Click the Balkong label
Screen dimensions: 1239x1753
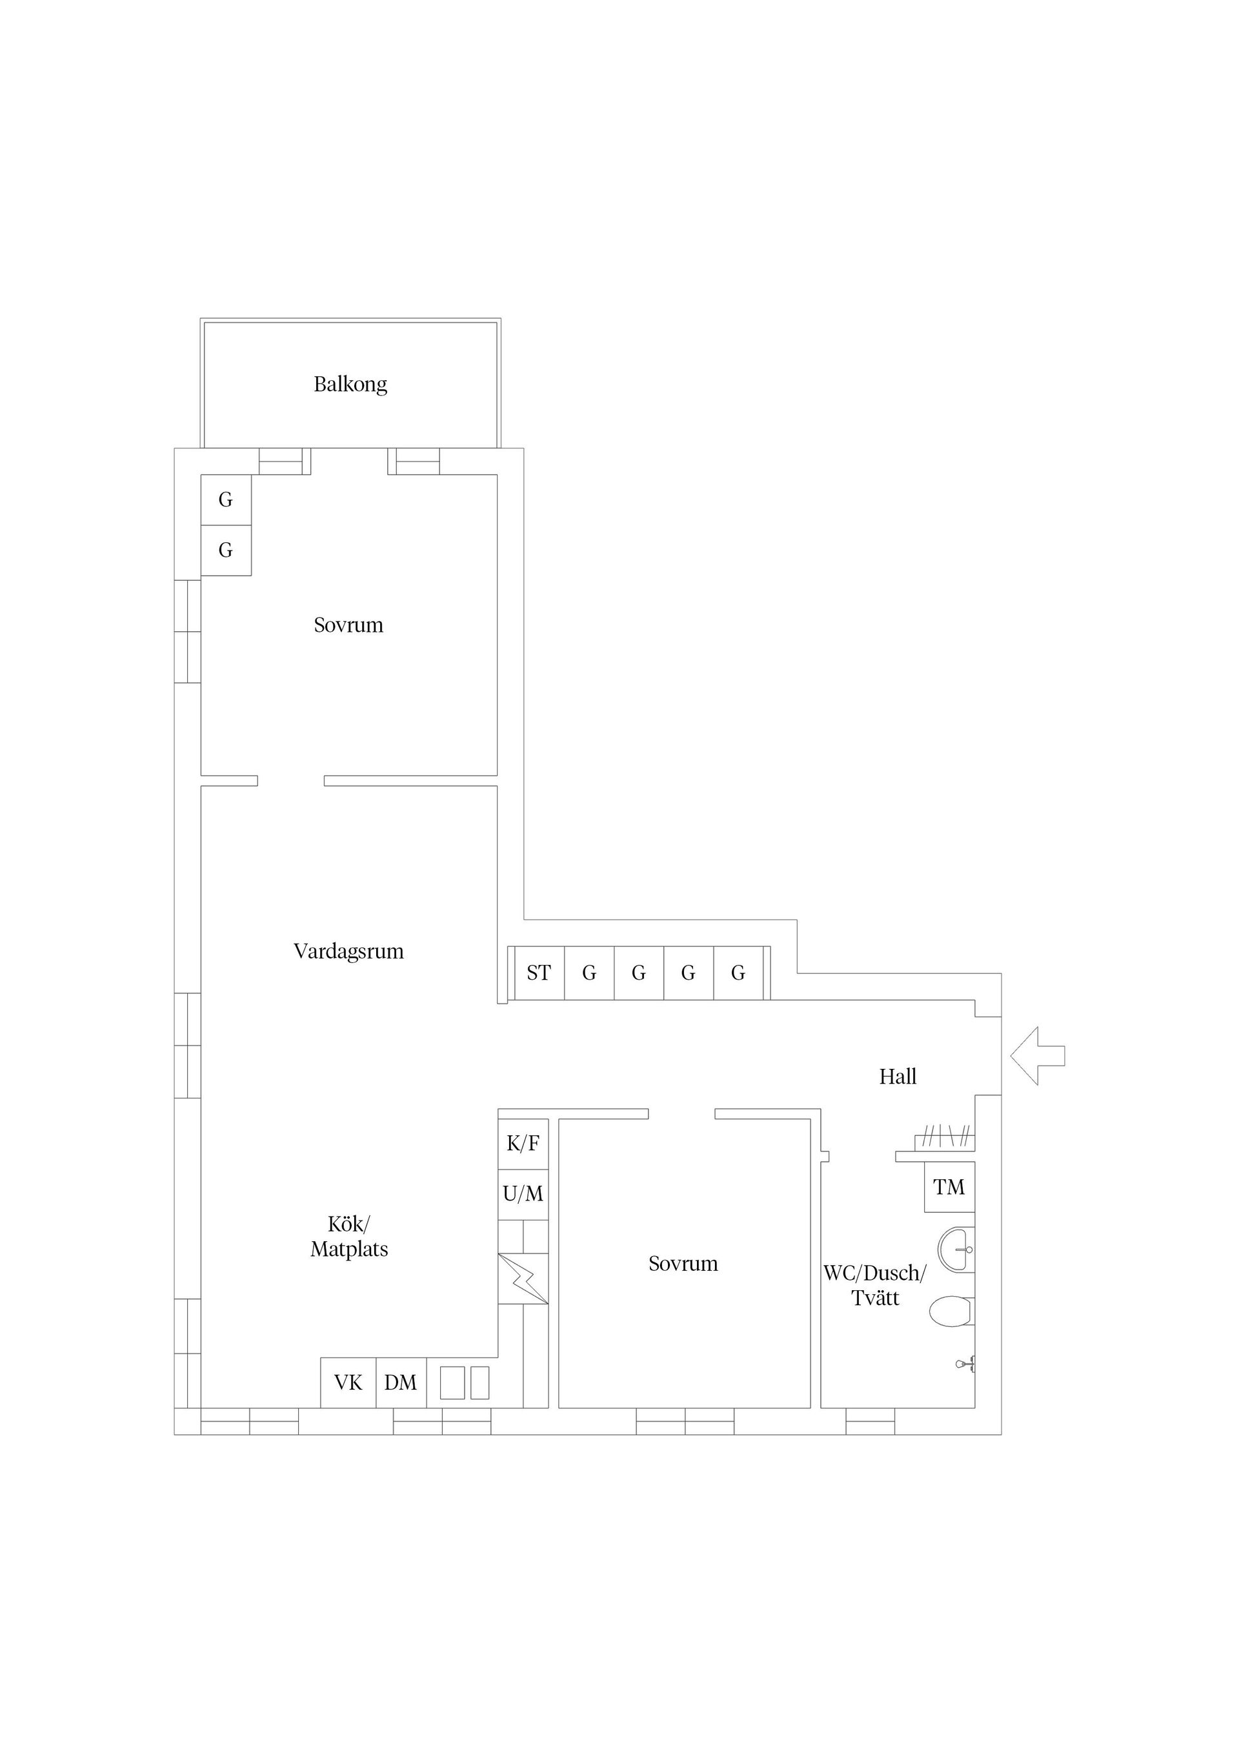tap(350, 384)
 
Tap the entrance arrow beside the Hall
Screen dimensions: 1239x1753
tap(1037, 1056)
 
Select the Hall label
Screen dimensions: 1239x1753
tap(898, 1077)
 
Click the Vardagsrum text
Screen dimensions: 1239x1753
tap(349, 951)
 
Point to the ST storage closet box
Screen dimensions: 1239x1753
tap(539, 973)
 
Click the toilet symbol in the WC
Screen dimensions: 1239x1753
tap(951, 1312)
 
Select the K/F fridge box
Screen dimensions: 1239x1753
tap(523, 1144)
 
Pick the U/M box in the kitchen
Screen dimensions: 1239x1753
tap(523, 1194)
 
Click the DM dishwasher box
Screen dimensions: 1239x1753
tap(401, 1383)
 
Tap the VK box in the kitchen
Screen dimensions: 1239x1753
tap(348, 1383)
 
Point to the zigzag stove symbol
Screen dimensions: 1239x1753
tap(523, 1279)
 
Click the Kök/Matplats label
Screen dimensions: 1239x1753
tap(349, 1237)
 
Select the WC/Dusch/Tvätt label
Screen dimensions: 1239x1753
tap(875, 1286)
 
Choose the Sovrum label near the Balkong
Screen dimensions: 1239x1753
tap(349, 625)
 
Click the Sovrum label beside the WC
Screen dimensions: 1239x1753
tap(683, 1264)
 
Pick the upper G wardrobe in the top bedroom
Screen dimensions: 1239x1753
tap(226, 500)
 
